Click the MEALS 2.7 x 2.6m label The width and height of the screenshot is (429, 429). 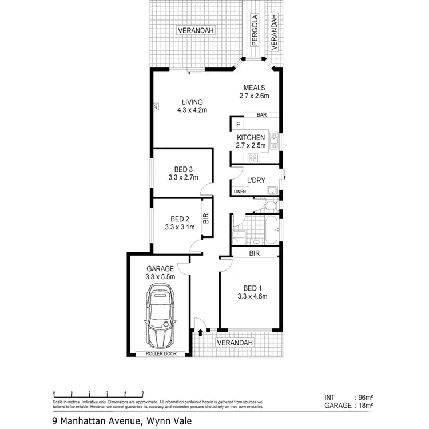click(254, 92)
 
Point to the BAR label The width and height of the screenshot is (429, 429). click(261, 115)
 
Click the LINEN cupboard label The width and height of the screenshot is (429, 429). click(240, 192)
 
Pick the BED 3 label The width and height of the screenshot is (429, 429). click(183, 173)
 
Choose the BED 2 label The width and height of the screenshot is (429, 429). click(180, 223)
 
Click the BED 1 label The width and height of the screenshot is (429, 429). click(252, 292)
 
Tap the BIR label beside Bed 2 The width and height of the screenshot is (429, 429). click(206, 218)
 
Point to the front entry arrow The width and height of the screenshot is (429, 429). click(200, 331)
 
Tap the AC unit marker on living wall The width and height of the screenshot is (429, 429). click(155, 106)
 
